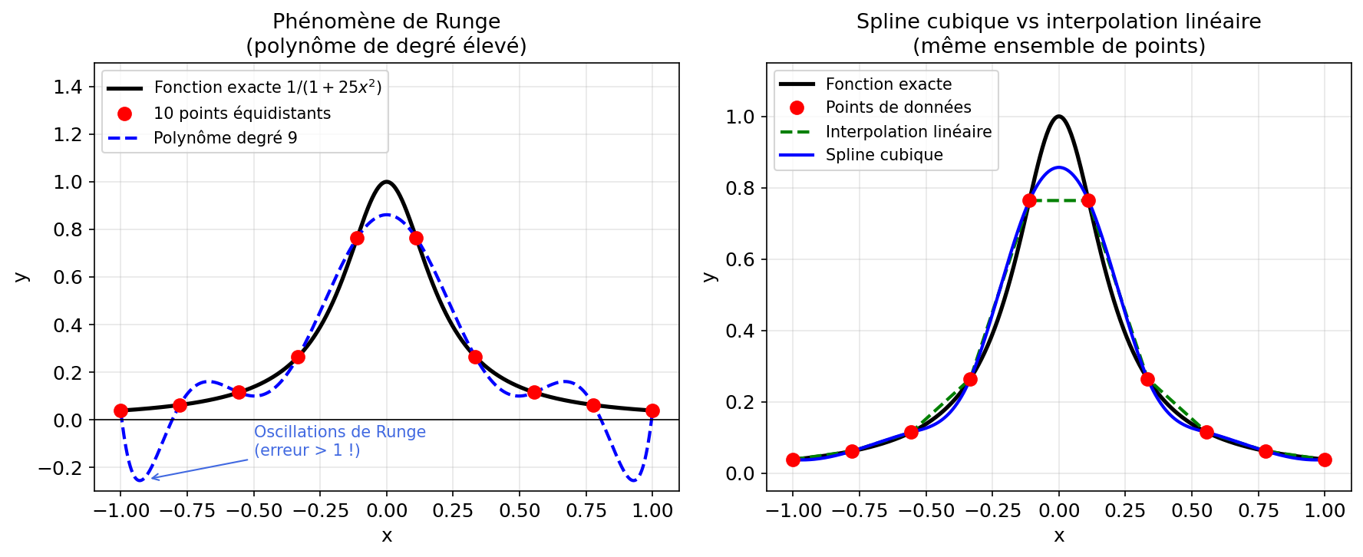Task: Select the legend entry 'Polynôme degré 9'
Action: click(225, 138)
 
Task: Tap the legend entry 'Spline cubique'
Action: click(884, 155)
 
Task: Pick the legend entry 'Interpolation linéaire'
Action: click(908, 132)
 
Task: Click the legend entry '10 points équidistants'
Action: click(242, 114)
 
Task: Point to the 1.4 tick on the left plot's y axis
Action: click(68, 87)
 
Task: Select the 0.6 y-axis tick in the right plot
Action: click(740, 260)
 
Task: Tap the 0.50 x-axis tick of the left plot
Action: click(520, 511)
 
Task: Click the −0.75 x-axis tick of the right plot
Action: click(852, 511)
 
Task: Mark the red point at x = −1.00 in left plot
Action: click(120, 410)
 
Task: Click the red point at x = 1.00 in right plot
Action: click(1325, 460)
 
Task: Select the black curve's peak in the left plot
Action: click(387, 182)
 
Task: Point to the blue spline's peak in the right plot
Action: click(1059, 167)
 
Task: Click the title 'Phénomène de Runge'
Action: click(386, 21)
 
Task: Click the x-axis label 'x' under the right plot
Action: click(1059, 536)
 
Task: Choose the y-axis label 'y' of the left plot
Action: click(21, 277)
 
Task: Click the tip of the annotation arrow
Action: click(151, 479)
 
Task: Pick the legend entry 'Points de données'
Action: click(898, 107)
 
